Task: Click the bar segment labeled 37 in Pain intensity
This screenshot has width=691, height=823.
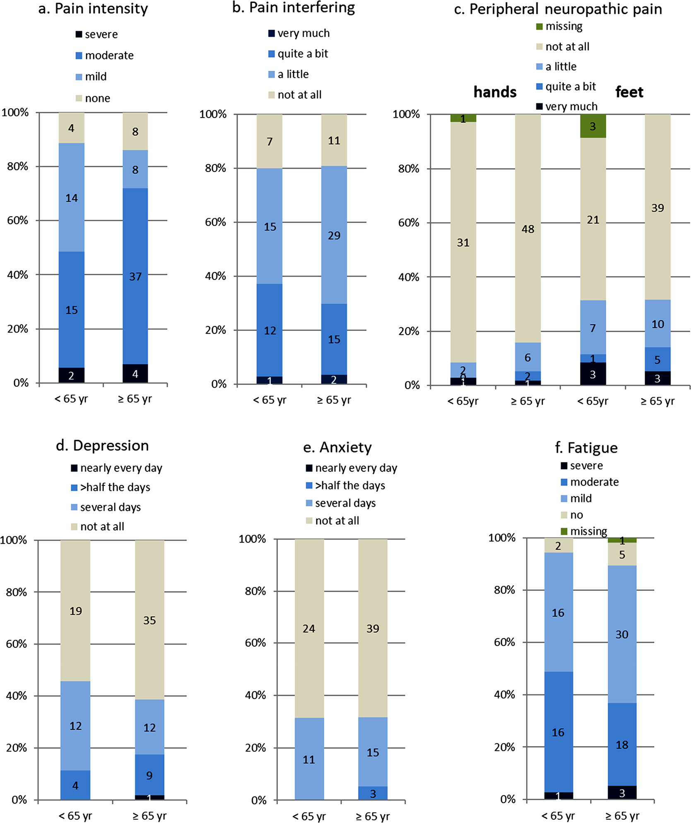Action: (x=135, y=276)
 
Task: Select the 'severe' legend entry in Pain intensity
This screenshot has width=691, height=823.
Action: (x=97, y=34)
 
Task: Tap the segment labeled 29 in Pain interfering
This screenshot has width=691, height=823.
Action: (x=334, y=235)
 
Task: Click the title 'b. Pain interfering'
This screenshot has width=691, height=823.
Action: (x=294, y=8)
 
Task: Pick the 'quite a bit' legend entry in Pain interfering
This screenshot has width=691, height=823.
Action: (x=299, y=54)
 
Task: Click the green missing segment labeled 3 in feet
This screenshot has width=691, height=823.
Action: (x=593, y=126)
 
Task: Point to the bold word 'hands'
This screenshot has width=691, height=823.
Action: (x=495, y=92)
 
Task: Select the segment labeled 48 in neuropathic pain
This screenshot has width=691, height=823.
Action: (x=528, y=229)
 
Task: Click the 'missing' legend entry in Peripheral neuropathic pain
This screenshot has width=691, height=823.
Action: (x=560, y=27)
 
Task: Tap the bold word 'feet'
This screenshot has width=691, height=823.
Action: (x=629, y=92)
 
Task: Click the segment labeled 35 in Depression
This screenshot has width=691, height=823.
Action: (x=149, y=620)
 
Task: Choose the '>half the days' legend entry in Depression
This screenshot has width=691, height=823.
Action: (x=111, y=488)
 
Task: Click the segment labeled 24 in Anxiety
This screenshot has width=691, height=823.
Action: (x=309, y=628)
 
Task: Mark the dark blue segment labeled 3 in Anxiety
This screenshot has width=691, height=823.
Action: (x=373, y=793)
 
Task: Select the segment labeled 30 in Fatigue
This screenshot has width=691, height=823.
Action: (x=622, y=634)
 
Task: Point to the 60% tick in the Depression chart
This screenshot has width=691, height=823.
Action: (x=17, y=644)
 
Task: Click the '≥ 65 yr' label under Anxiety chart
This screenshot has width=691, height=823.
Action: (x=373, y=816)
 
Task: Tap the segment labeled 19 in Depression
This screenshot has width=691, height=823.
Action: (x=75, y=611)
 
